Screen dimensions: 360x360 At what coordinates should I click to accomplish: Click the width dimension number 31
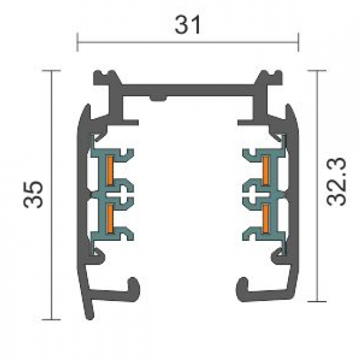[187, 25]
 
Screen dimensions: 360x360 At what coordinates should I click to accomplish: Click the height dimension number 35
[33, 194]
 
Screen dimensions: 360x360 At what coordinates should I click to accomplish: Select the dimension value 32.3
[336, 181]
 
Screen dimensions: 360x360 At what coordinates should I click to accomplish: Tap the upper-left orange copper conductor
[110, 170]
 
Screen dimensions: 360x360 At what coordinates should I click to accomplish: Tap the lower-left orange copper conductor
[110, 218]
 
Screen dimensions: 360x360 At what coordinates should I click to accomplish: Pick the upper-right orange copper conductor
[266, 170]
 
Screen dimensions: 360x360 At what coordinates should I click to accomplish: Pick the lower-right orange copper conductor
[266, 218]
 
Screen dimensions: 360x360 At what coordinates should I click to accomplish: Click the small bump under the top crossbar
[158, 98]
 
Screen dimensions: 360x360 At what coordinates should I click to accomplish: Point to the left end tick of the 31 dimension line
[78, 43]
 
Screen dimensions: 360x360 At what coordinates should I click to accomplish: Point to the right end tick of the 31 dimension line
[298, 43]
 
